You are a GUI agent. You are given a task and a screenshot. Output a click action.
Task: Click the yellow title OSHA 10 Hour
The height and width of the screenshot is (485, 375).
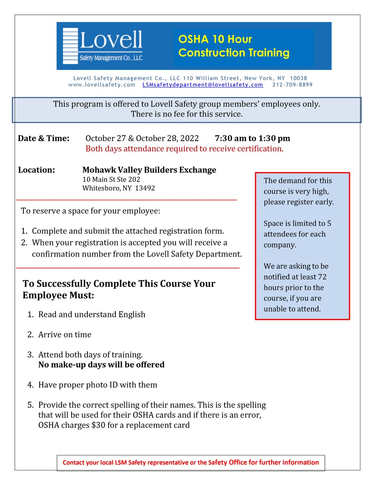pyautogui.click(x=215, y=39)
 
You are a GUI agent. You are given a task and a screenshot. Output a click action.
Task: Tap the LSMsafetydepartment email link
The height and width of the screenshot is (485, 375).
pyautogui.click(x=203, y=85)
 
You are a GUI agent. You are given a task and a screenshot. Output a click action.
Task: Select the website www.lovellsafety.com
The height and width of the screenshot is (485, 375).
pyautogui.click(x=102, y=85)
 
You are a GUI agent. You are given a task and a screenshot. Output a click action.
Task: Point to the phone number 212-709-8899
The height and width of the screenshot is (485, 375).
pyautogui.click(x=292, y=85)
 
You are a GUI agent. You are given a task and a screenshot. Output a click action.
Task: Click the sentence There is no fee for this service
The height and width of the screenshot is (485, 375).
pyautogui.click(x=186, y=114)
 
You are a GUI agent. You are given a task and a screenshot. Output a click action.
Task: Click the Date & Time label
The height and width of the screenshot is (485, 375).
pyautogui.click(x=44, y=139)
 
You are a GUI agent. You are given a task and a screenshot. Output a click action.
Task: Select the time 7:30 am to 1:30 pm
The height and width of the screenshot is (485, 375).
pyautogui.click(x=252, y=139)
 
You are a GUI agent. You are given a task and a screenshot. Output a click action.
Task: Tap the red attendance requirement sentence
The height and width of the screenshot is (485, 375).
pyautogui.click(x=184, y=149)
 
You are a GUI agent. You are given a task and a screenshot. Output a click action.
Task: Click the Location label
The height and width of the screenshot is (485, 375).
pyautogui.click(x=36, y=170)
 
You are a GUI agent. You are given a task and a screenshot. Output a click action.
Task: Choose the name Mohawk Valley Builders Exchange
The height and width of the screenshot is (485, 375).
pyautogui.click(x=149, y=170)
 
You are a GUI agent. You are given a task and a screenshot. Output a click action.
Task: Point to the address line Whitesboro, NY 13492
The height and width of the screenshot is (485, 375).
pyautogui.click(x=119, y=188)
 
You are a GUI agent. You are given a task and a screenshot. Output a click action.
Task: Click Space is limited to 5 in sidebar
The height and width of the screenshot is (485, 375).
pyautogui.click(x=297, y=224)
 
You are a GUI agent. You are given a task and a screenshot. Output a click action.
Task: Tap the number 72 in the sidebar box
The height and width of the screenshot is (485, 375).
pyautogui.click(x=322, y=277)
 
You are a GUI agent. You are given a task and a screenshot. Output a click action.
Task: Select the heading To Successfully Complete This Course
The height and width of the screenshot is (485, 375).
pyautogui.click(x=119, y=284)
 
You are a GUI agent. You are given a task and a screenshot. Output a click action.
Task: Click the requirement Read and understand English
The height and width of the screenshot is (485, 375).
pyautogui.click(x=91, y=314)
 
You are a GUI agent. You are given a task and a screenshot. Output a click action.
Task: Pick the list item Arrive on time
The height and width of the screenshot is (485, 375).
pyautogui.click(x=65, y=335)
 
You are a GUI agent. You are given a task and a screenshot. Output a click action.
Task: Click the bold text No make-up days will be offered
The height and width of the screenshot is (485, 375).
pyautogui.click(x=101, y=365)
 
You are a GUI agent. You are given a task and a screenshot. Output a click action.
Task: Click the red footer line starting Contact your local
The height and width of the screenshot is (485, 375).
pyautogui.click(x=191, y=462)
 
